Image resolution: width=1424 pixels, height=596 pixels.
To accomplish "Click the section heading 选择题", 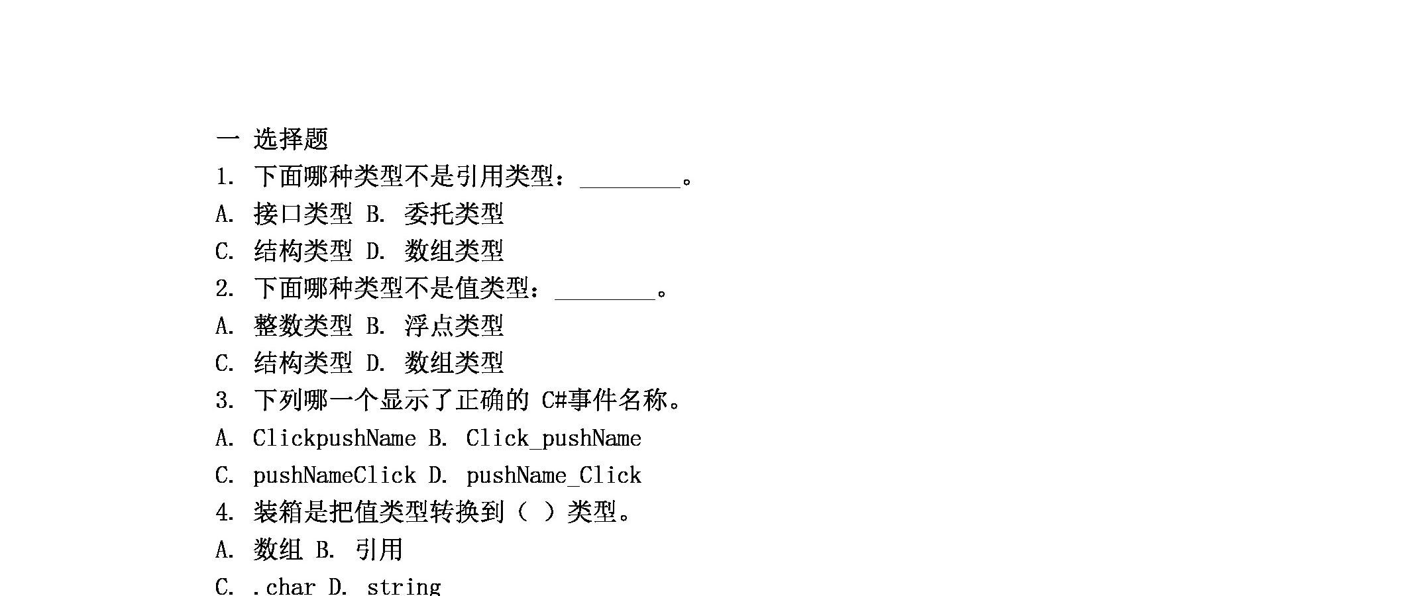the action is point(291,139).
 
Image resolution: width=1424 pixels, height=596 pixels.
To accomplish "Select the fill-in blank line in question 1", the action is point(630,187).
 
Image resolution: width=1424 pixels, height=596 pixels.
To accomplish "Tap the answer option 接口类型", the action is point(303,214).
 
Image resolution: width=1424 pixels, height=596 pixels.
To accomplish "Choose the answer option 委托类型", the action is point(454,214).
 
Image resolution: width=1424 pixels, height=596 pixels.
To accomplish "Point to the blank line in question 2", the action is point(605,299).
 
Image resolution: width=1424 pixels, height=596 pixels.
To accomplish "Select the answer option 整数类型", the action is point(303,326).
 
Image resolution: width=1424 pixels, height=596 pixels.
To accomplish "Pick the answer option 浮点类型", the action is point(454,326).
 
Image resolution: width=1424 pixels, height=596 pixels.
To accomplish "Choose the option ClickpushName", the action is point(335,438).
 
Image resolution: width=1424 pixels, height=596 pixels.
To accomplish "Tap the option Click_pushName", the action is point(554,438).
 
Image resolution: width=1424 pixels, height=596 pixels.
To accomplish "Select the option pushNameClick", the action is point(335,475).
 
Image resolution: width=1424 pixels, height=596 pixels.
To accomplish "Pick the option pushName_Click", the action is point(554,475).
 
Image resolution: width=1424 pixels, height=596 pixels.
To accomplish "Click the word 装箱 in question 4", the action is point(278,512).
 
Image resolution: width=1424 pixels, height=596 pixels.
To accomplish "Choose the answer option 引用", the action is point(379,550).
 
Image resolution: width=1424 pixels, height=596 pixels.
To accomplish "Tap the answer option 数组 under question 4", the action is point(278,550).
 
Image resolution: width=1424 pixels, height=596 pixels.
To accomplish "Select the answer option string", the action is point(404,587).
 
